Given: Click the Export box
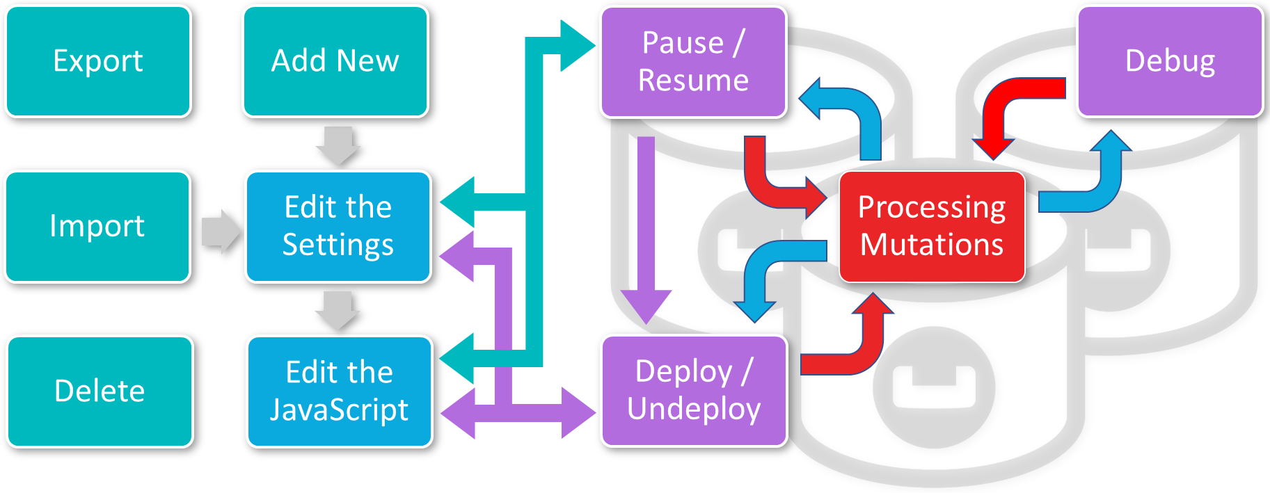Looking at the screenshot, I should click(98, 61).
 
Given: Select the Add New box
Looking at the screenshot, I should click(335, 61).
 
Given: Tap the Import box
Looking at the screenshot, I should click(97, 226).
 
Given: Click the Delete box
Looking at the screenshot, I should click(100, 391).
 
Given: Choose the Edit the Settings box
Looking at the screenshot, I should click(338, 226).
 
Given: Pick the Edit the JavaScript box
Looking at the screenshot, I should click(339, 391).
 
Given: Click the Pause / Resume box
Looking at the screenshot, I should click(693, 61).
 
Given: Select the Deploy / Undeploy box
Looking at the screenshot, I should click(694, 390).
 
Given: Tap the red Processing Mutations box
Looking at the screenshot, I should click(932, 226).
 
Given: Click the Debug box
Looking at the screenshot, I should click(1170, 61).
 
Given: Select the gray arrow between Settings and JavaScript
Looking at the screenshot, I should click(338, 310).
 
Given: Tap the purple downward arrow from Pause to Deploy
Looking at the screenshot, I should click(646, 229).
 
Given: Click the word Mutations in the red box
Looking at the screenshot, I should click(932, 245).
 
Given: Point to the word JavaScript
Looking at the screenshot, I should click(339, 410).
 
